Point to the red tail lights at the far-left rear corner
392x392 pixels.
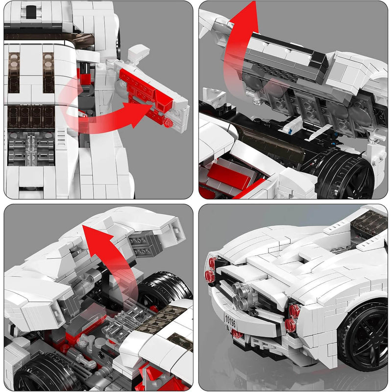coord(211,270)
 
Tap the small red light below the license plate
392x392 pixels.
coord(237,335)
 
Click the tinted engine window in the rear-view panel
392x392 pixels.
coord(369,223)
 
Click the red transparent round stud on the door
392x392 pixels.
coord(169,122)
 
